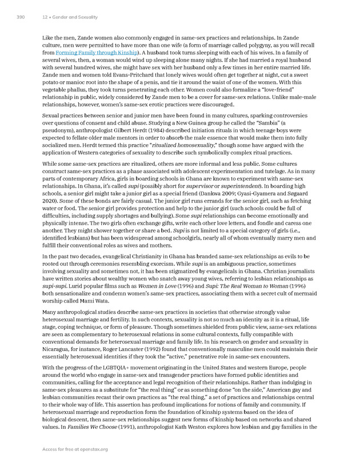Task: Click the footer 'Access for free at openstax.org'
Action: tap(74, 449)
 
